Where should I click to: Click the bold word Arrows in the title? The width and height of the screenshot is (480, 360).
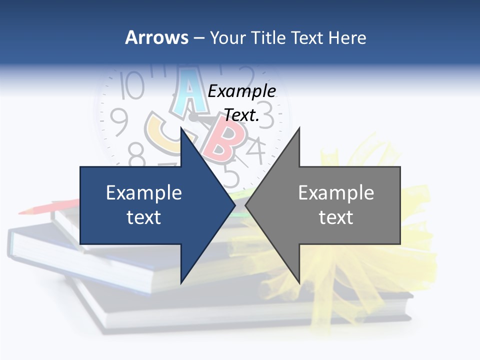(156, 37)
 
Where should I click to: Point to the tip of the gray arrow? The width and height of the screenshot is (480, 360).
(246, 205)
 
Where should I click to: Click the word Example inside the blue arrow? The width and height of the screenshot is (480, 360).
(144, 193)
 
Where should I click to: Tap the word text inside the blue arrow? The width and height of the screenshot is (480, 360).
(144, 217)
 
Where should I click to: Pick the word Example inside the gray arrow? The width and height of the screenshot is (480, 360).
(336, 193)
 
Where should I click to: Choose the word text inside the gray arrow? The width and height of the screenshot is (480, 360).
(336, 217)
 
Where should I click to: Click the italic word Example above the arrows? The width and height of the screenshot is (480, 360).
(242, 91)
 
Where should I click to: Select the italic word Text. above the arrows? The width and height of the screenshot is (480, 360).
(242, 115)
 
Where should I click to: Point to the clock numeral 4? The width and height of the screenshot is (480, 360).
(255, 150)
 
